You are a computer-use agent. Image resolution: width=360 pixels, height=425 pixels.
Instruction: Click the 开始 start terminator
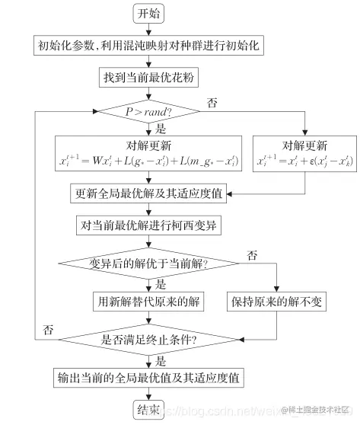149,14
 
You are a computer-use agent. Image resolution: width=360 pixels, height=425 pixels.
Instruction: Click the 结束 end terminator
149,411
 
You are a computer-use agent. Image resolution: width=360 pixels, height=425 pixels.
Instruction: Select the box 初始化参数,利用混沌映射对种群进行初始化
149,46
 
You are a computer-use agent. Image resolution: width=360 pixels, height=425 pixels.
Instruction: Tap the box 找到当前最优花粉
149,78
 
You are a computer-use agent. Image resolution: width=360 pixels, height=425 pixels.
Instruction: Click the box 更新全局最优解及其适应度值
149,192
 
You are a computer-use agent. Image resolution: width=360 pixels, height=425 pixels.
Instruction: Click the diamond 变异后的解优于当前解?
149,264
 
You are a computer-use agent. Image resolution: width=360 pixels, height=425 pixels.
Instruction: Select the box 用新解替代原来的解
149,302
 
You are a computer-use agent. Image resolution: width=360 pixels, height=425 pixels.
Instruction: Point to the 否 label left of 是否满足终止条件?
47,330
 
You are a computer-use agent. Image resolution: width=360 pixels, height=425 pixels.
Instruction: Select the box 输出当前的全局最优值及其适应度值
149,377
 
